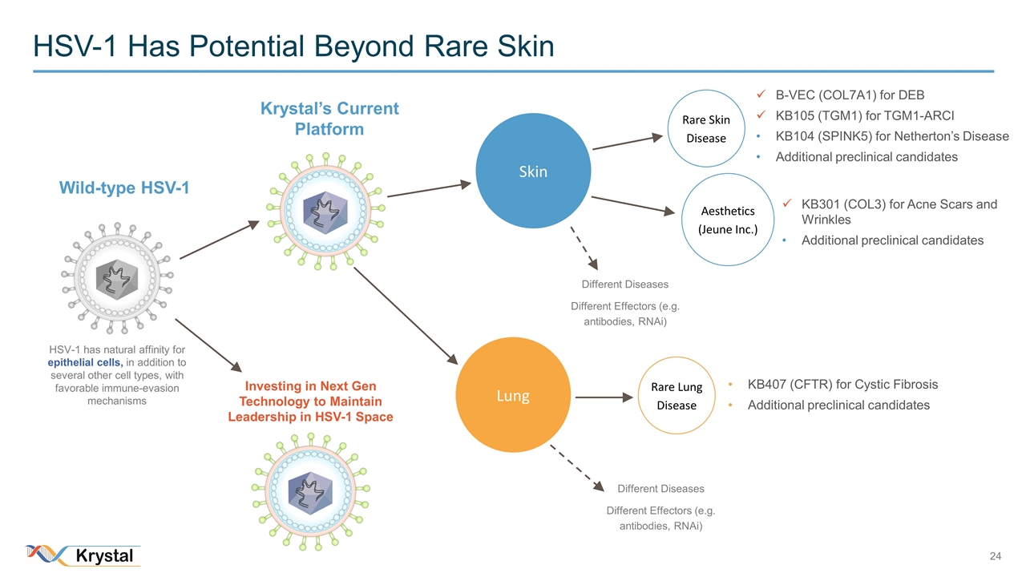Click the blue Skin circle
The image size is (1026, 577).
click(x=533, y=171)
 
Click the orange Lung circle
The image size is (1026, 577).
click(x=513, y=396)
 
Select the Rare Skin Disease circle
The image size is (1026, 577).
click(x=705, y=129)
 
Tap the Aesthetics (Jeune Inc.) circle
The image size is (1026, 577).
click(x=727, y=220)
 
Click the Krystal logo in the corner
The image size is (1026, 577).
click(x=83, y=555)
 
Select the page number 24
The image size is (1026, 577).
click(x=996, y=556)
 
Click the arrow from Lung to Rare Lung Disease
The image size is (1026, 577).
click(x=605, y=396)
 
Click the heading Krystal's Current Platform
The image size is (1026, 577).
click(x=329, y=119)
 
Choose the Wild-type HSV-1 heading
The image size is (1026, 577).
click(x=124, y=188)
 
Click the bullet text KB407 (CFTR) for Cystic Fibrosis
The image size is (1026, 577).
click(x=842, y=385)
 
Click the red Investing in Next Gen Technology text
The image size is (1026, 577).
click(x=310, y=401)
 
